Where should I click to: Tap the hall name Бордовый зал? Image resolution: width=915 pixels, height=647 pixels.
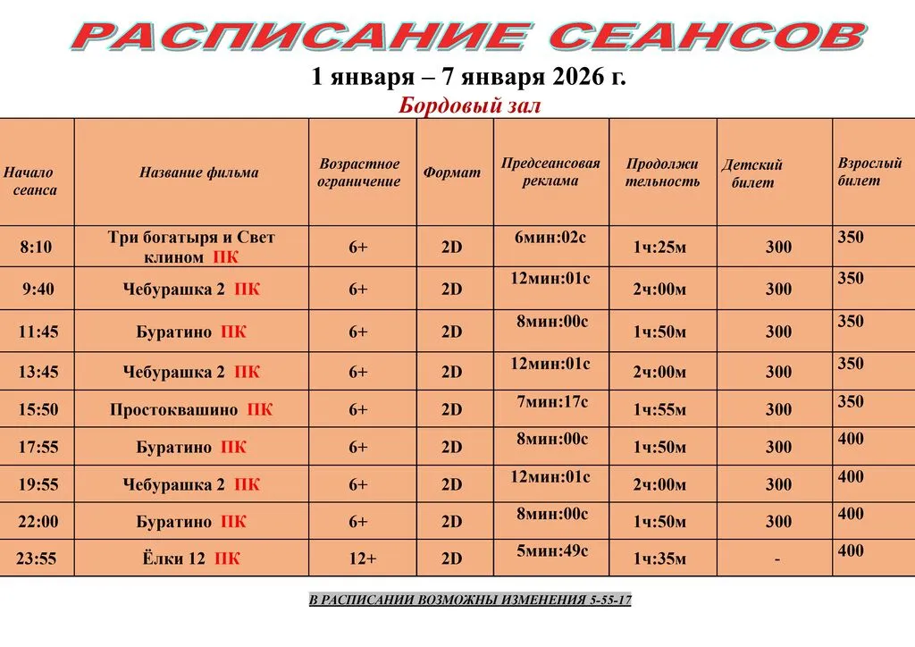tap(469, 106)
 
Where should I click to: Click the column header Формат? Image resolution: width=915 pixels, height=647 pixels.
tap(452, 172)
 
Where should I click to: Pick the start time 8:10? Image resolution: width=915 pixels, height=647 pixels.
tap(37, 247)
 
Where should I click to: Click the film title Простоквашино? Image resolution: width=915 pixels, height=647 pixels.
tap(174, 410)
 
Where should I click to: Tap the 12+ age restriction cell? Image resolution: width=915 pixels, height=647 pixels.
tap(363, 559)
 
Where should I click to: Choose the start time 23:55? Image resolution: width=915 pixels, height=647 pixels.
tap(37, 559)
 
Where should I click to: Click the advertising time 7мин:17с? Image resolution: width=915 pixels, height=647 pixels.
tap(551, 402)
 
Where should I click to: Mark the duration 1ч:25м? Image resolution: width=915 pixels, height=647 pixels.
tap(659, 247)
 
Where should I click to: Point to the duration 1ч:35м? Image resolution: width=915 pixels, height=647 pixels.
tap(659, 559)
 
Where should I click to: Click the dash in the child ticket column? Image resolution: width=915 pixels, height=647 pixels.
tap(777, 559)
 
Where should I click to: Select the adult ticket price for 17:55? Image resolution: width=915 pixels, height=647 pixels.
tap(851, 439)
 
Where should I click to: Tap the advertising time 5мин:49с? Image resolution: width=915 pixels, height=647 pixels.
tap(551, 550)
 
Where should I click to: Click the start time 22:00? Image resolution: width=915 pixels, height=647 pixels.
tap(37, 522)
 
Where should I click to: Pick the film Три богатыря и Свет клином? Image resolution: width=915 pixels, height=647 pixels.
tap(191, 248)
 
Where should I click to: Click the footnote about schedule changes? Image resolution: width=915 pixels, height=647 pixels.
tap(470, 600)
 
